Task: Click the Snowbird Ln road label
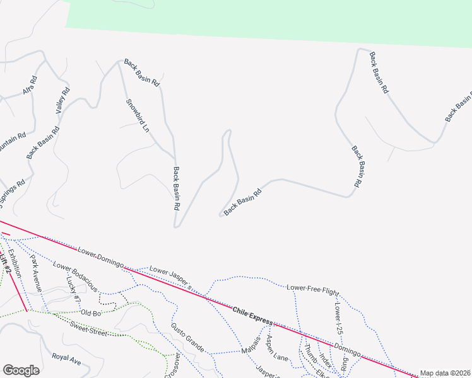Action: [x=138, y=115]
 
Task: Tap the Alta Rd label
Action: [x=30, y=86]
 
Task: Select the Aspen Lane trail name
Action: [x=276, y=348]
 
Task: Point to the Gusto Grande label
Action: [x=187, y=338]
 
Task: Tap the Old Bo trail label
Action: [x=91, y=313]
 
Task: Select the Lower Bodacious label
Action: [x=75, y=277]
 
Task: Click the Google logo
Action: [x=21, y=370]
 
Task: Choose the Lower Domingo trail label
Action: [x=100, y=257]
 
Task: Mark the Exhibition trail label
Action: [x=18, y=263]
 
